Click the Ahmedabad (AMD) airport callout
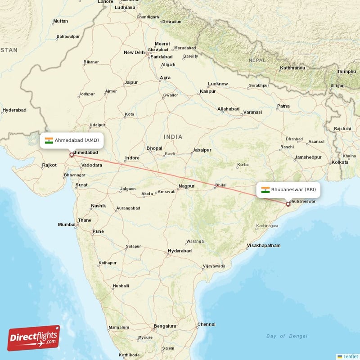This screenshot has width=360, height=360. point(72,140)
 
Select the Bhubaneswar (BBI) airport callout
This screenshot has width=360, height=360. point(288,189)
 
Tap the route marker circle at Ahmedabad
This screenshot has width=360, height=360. point(71,155)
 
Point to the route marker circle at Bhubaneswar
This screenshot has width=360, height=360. point(288,204)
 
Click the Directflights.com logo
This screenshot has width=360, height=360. point(34,338)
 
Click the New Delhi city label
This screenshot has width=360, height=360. point(134,53)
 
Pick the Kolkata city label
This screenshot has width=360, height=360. point(340,162)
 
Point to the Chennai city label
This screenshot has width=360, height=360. point(206,324)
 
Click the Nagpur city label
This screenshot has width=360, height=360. point(186,186)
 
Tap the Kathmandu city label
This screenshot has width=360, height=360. point(292,68)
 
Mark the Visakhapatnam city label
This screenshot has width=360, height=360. point(263,246)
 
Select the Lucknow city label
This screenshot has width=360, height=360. point(218,84)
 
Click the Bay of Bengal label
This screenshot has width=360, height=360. point(287,336)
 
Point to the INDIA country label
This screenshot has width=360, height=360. point(173,137)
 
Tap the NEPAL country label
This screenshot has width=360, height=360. point(257,60)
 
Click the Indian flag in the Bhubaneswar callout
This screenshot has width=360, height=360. point(265,189)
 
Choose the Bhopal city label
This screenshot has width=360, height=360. point(154,148)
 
